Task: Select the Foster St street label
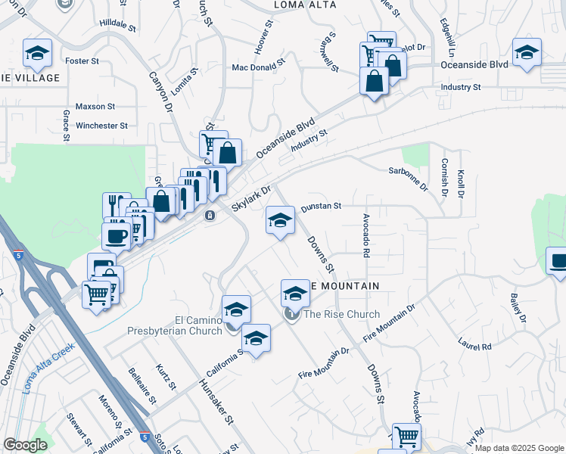click(82, 61)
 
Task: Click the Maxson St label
click(95, 107)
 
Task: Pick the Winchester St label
click(101, 126)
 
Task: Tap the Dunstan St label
click(322, 206)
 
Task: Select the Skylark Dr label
click(250, 200)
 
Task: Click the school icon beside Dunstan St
click(280, 220)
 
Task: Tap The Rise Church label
click(341, 314)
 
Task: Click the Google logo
click(25, 445)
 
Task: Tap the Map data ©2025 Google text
click(518, 448)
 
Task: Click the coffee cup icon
click(117, 235)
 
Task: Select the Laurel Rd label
click(474, 345)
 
